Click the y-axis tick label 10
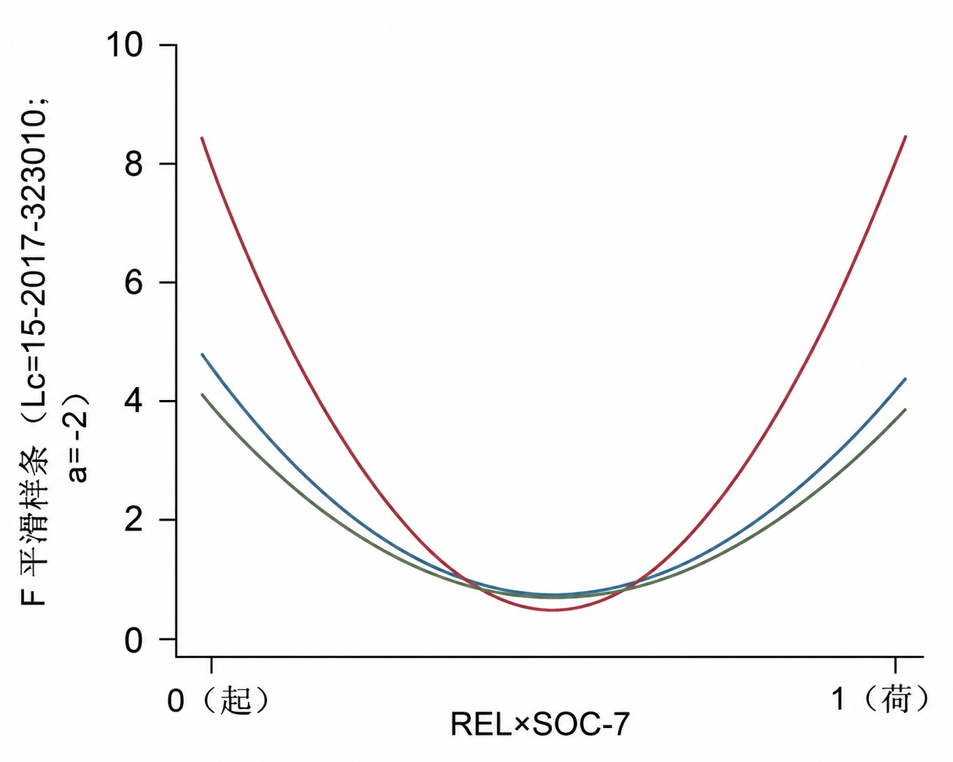124,45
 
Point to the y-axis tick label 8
134,164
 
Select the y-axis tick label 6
134,283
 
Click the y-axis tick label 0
134,639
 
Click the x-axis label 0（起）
218,700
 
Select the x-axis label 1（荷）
880,700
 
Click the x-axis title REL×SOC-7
540,738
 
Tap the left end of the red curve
202,138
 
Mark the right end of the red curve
905,137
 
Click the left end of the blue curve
202,355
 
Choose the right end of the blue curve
905,379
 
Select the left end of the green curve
202,395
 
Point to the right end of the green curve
905,410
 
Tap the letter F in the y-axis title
36,595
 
